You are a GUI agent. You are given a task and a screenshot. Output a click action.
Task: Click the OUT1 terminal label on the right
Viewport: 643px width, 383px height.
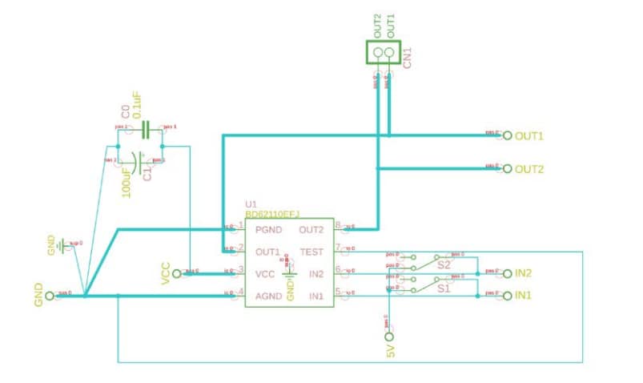coord(529,136)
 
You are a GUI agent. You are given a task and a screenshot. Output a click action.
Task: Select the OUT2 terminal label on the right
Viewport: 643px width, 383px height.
coord(529,169)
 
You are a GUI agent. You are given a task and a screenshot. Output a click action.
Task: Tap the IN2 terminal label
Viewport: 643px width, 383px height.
coord(524,273)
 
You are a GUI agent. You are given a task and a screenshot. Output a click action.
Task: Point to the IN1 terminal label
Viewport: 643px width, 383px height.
coord(524,296)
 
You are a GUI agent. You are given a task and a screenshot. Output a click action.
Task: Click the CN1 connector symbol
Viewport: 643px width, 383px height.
coord(384,54)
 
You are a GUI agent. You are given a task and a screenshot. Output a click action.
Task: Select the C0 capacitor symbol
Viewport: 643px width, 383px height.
coord(146,129)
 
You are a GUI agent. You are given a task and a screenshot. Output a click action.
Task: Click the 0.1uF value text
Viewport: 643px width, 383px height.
coord(137,106)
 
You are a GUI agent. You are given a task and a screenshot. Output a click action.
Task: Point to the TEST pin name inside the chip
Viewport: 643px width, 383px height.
coord(311,252)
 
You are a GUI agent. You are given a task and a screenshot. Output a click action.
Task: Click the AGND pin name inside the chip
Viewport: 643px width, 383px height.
coord(271,296)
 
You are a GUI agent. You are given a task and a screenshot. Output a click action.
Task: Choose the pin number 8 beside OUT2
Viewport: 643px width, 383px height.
coord(339,225)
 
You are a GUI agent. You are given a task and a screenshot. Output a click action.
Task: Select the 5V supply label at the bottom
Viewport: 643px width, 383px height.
coord(391,350)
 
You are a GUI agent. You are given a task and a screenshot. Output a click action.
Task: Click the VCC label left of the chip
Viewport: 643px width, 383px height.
coord(167,273)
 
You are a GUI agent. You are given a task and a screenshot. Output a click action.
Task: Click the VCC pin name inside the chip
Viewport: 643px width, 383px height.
coord(265,274)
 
